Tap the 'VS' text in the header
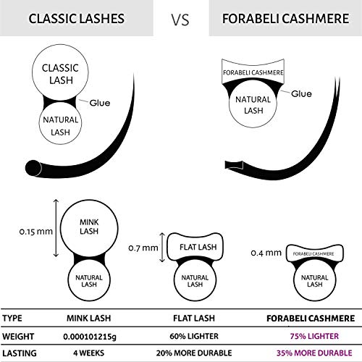tap(181, 18)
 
